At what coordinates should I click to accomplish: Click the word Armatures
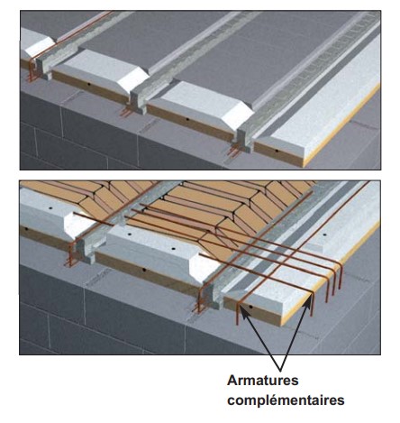tap(263, 381)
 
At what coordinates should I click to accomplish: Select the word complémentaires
tap(286, 400)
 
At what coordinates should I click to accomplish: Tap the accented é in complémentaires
tap(273, 400)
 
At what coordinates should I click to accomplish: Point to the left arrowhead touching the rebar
tap(245, 313)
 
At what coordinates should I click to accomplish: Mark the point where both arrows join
tap(281, 371)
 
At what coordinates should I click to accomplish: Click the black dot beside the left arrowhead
tap(250, 307)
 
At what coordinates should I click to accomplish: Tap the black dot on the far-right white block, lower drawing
tap(324, 234)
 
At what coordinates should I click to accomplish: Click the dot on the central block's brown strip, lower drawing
tap(144, 270)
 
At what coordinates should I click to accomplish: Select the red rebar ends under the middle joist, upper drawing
tap(125, 112)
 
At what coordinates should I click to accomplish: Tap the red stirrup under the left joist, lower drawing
tap(71, 255)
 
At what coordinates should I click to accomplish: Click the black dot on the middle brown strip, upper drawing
tap(187, 119)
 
